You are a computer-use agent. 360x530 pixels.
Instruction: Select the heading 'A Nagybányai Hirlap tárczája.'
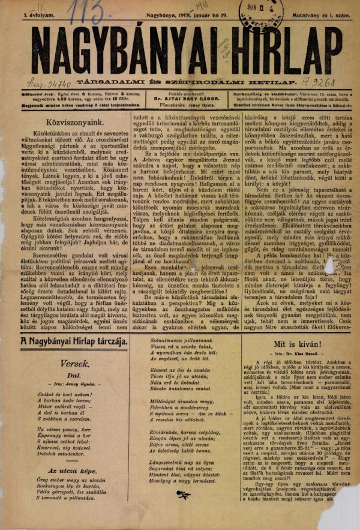(74, 342)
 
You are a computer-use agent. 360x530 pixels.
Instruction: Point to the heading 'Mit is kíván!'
(290, 346)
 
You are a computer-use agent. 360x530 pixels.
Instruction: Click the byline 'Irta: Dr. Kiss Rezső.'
(290, 358)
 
